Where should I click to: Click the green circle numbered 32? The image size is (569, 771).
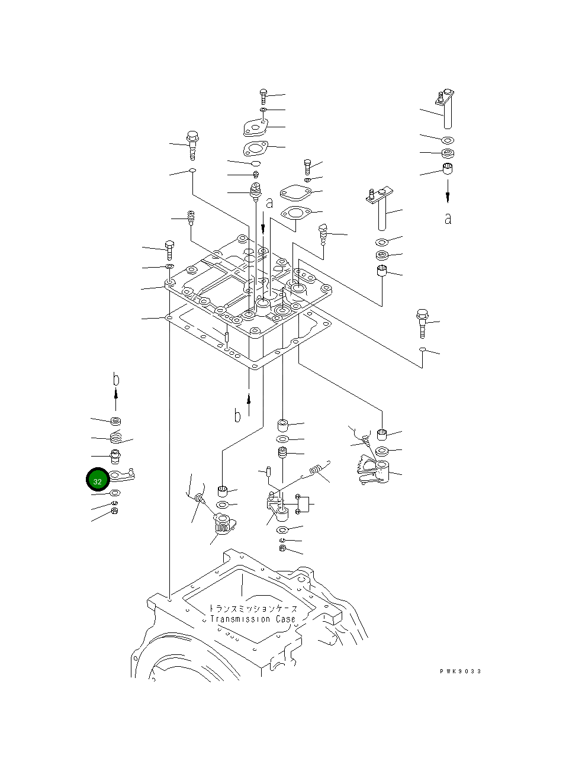(97, 480)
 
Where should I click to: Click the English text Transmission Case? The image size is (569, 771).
(253, 619)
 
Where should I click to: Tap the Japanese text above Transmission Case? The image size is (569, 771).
(253, 608)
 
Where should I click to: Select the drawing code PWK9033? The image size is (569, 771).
(461, 671)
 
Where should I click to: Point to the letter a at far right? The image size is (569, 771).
(448, 219)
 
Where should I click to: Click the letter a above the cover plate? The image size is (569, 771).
(269, 203)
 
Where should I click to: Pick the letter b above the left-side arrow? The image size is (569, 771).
(116, 380)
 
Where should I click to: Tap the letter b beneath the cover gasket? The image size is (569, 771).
(237, 416)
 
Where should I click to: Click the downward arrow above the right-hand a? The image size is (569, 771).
(448, 191)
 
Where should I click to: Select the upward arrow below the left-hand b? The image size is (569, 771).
(116, 400)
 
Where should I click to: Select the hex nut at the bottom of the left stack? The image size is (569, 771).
(115, 511)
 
